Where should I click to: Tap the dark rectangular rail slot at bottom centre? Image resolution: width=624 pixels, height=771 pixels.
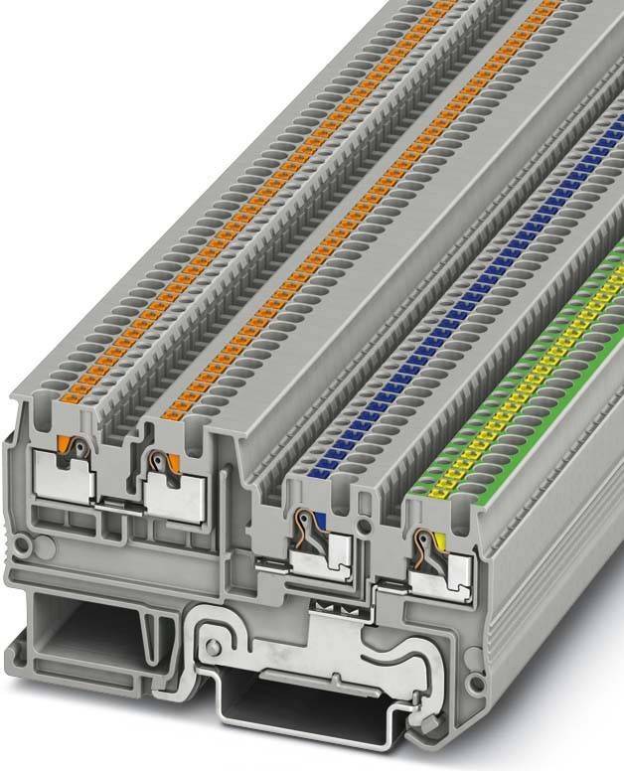(298, 710)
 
